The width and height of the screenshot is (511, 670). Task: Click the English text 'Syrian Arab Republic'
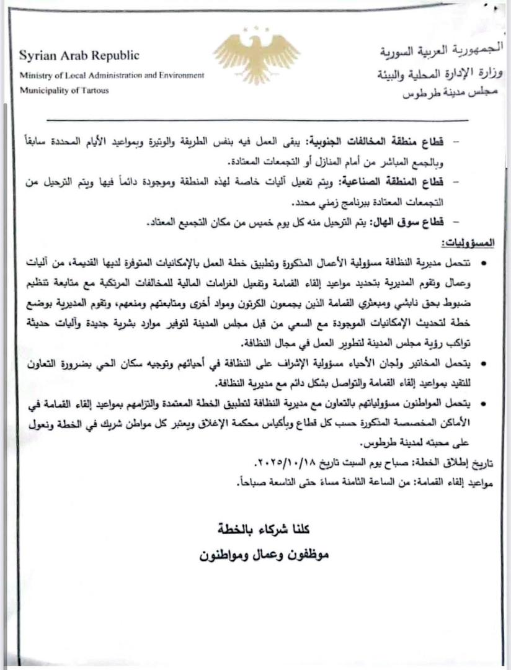click(x=79, y=56)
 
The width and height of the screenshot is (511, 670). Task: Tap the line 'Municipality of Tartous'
click(x=64, y=91)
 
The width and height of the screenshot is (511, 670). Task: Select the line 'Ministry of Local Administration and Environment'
click(x=112, y=75)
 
